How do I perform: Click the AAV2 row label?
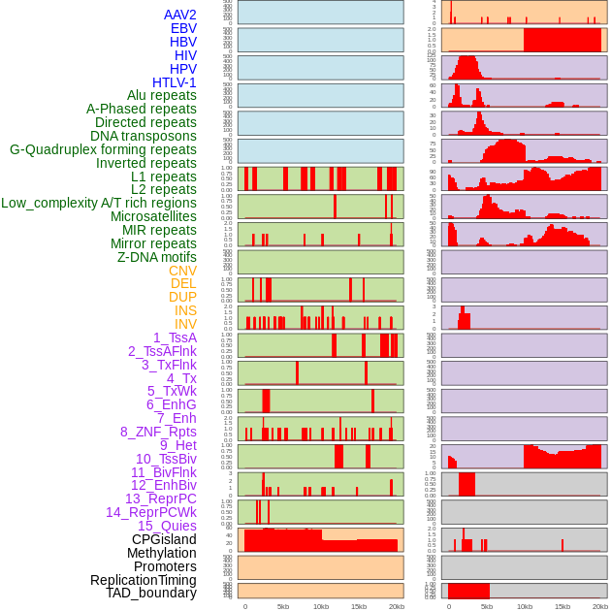pos(180,15)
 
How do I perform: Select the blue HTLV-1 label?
pos(175,82)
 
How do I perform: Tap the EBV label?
pos(183,28)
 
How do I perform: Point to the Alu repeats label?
pos(162,95)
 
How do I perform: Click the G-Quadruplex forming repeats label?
pos(103,149)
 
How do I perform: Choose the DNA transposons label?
pos(144,136)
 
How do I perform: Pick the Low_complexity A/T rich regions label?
pos(99,203)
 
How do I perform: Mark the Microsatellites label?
pos(153,216)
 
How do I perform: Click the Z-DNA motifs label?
pos(157,257)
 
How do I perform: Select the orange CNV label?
pos(182,271)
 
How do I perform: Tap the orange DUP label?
pos(182,297)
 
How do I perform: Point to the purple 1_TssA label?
pos(175,338)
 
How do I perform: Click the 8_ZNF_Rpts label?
pos(158,432)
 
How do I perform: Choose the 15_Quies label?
pos(167,526)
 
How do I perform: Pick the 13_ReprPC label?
pos(160,498)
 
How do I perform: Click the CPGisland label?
pos(164,539)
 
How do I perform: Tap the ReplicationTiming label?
pos(144,580)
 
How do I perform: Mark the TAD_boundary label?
pos(151,593)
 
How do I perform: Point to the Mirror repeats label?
pos(152,243)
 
